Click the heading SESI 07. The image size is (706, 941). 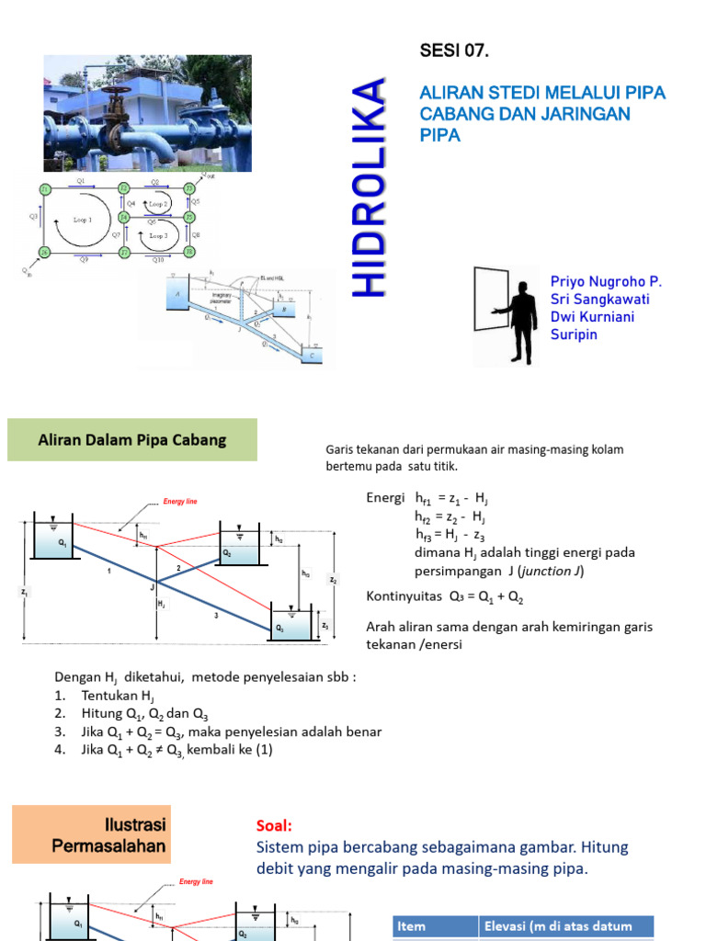coord(454,51)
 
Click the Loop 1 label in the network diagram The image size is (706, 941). coord(82,221)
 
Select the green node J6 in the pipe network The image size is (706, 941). coord(43,252)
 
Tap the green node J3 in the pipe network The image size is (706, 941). coord(189,188)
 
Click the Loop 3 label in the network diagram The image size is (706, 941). coord(158,236)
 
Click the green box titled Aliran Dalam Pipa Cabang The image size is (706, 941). coord(132,440)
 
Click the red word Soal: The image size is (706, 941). coord(274,826)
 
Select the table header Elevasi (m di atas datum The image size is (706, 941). coord(565,927)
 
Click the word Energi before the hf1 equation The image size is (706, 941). coord(385,497)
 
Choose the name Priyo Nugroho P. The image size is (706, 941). coord(606,281)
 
